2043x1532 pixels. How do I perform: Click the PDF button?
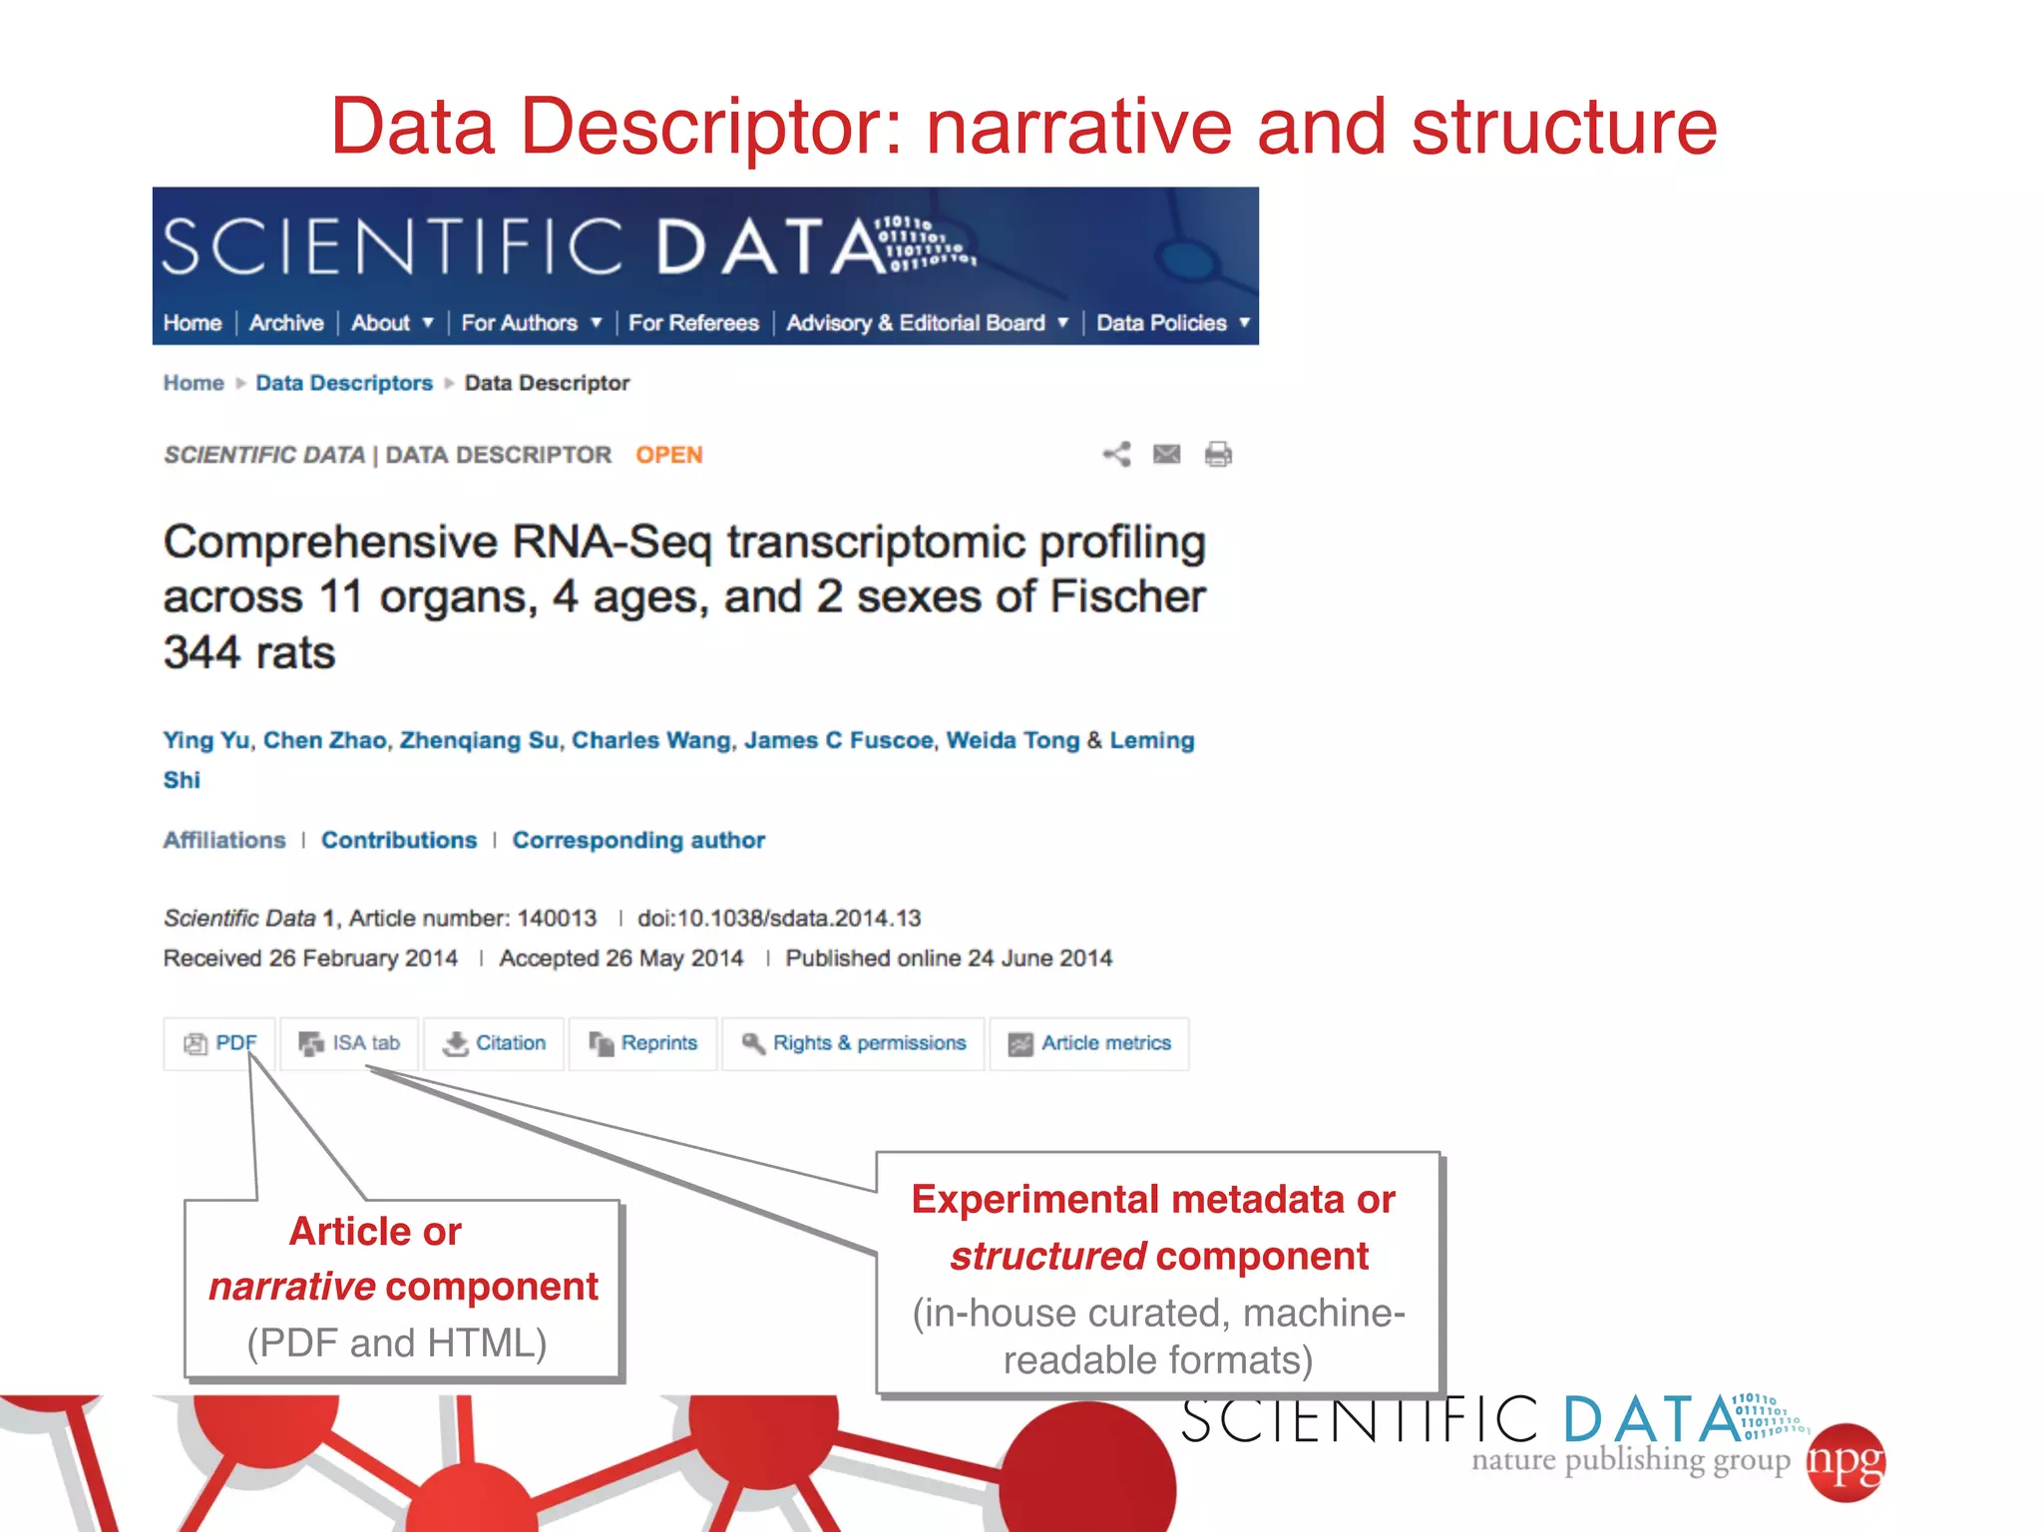[220, 1043]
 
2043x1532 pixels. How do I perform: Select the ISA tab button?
[349, 1043]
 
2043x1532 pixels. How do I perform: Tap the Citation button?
[495, 1043]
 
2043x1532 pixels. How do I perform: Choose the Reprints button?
[643, 1043]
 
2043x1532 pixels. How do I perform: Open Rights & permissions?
[854, 1043]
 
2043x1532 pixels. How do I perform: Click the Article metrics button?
[1089, 1043]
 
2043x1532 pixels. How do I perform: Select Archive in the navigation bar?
[286, 323]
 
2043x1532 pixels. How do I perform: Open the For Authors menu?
[531, 323]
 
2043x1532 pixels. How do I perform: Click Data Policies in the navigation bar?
[1172, 323]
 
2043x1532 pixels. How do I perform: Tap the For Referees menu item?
[693, 323]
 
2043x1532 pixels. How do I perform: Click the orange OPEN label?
[669, 455]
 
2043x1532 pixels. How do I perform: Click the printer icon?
[1218, 455]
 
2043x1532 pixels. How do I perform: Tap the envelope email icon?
[1166, 455]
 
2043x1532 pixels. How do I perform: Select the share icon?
[1116, 455]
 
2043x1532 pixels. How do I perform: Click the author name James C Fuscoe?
[838, 740]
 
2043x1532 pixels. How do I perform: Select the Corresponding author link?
[638, 840]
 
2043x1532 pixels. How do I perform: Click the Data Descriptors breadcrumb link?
[344, 383]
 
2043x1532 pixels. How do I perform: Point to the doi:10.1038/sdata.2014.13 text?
[779, 918]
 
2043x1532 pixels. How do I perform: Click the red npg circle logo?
[1845, 1462]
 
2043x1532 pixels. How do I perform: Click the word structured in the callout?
[1047, 1256]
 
